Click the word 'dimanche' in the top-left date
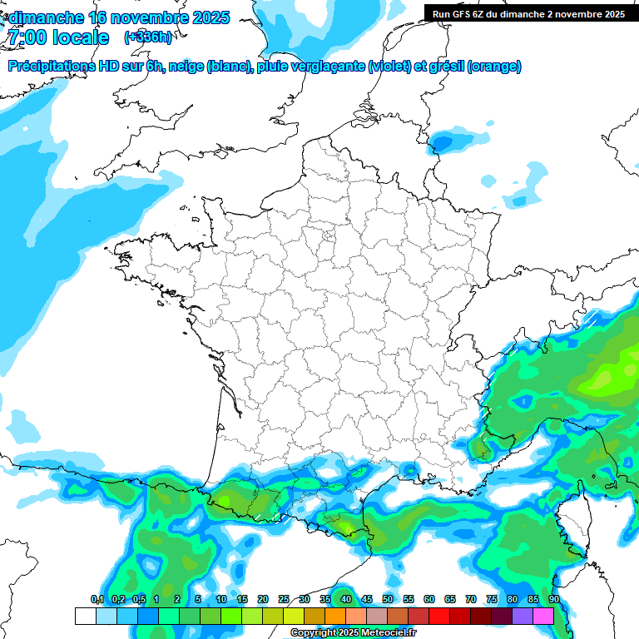46,17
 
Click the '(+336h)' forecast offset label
148,37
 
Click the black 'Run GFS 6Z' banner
528,13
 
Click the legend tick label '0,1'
97,600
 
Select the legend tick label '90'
553,600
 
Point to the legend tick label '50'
388,600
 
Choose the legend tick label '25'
284,600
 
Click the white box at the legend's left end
85,616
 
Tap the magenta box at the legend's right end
543,616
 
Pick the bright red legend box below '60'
439,616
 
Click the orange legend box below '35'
335,616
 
